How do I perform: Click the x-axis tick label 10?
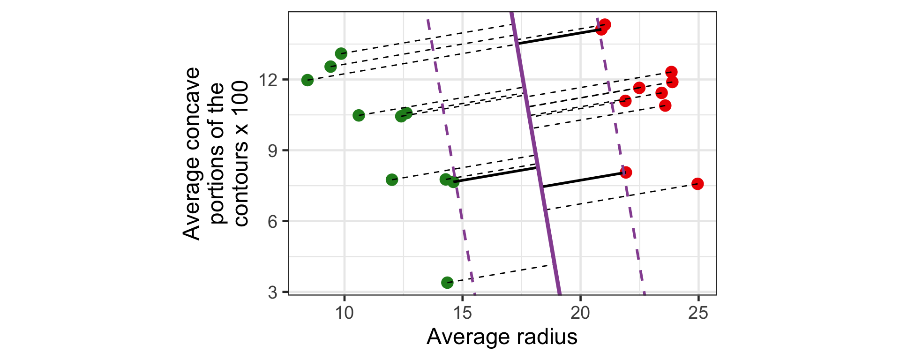345,313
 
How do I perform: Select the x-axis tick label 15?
463,313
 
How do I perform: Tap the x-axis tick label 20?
580,313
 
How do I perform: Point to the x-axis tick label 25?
698,313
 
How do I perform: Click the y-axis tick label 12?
269,80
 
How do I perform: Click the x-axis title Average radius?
502,337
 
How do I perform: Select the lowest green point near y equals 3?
447,282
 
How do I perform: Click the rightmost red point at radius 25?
697,184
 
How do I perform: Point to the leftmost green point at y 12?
307,80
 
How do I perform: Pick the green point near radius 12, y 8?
392,180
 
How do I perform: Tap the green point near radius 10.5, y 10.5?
359,115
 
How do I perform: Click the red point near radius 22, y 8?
626,172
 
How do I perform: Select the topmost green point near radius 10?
341,53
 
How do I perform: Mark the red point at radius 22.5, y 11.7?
639,88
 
